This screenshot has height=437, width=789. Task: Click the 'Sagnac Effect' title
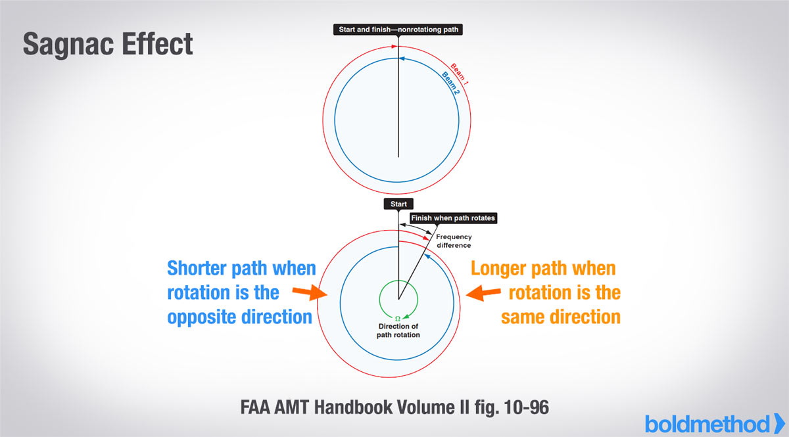point(108,45)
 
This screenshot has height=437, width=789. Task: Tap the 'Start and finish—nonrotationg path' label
point(398,30)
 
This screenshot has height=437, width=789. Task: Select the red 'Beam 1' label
point(460,74)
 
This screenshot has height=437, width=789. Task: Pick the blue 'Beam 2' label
point(451,83)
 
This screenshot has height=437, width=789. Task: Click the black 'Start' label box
point(398,204)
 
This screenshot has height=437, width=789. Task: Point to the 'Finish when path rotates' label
point(453,218)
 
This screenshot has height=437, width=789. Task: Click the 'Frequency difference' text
point(454,241)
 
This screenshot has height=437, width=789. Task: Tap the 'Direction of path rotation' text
point(398,331)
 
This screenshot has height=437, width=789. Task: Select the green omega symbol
point(398,319)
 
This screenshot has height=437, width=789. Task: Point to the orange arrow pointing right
point(310,292)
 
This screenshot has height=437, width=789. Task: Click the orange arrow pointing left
point(483,293)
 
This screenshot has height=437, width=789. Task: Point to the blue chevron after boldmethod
point(780,424)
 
